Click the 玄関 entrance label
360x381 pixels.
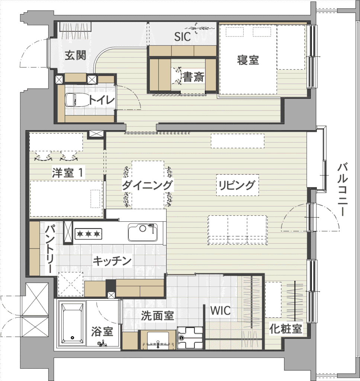[x=75, y=55]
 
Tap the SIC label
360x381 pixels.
[x=183, y=37]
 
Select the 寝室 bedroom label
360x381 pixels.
[x=248, y=60]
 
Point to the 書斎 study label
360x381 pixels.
[x=193, y=77]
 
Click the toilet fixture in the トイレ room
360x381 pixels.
[x=73, y=100]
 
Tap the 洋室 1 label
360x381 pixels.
[x=68, y=173]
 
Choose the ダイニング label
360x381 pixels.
[x=147, y=185]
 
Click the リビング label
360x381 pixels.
[x=237, y=185]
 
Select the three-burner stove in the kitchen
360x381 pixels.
[x=88, y=234]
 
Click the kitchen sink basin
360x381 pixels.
[x=143, y=232]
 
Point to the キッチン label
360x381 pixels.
[x=112, y=261]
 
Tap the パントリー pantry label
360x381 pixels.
[x=51, y=249]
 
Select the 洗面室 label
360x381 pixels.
[x=157, y=316]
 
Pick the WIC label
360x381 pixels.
[x=220, y=311]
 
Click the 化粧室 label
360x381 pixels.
[x=286, y=329]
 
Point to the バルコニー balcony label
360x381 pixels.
[x=343, y=190]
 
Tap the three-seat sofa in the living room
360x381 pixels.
[x=237, y=230]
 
